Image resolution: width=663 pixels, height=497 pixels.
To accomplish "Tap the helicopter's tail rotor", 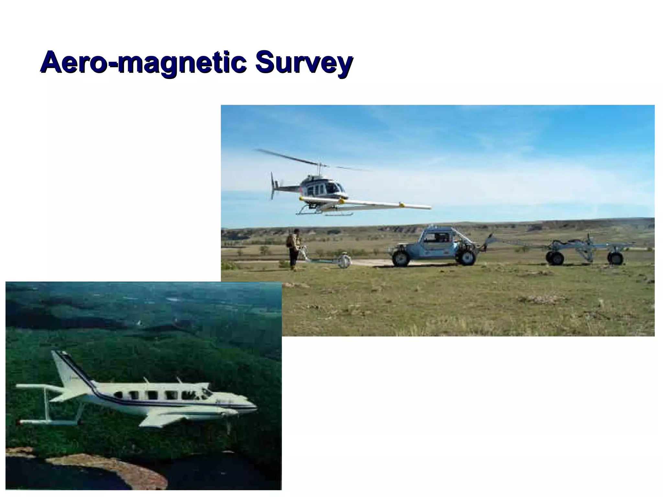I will pyautogui.click(x=273, y=186).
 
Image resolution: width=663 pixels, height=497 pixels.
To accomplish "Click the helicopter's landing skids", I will pyautogui.click(x=324, y=214).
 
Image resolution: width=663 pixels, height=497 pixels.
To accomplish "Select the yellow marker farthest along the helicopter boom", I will pyautogui.click(x=402, y=204).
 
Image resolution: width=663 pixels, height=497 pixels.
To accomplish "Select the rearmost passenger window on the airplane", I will pyautogui.click(x=118, y=395).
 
